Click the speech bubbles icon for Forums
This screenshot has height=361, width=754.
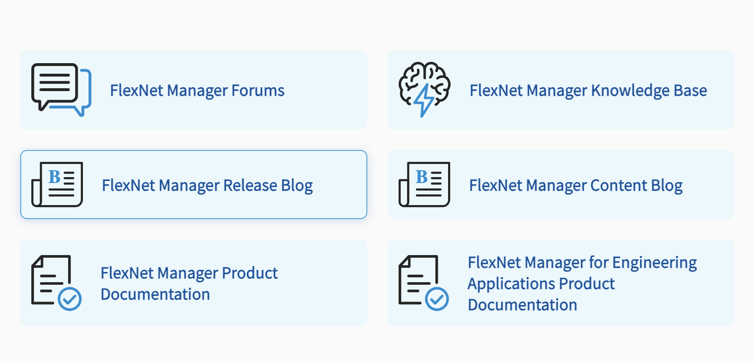[x=61, y=89]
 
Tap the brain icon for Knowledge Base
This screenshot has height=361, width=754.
[x=424, y=89]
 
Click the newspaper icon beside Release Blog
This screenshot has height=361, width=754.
[x=57, y=184]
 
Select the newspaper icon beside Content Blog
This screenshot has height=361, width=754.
[x=424, y=184]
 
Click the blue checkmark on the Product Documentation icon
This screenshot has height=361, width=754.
[x=70, y=299]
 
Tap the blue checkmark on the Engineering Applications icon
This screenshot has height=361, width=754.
[x=437, y=299]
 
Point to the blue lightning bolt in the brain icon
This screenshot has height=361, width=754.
[x=424, y=100]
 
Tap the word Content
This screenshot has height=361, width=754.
[x=619, y=186]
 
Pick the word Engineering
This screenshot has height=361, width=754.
[x=654, y=263]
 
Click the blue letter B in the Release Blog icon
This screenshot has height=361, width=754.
[x=55, y=177]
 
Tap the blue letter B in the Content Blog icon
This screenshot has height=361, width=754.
[x=422, y=177]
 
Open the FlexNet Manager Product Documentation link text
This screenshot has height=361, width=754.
[x=189, y=283]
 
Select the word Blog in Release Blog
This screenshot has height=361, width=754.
[x=297, y=186]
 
